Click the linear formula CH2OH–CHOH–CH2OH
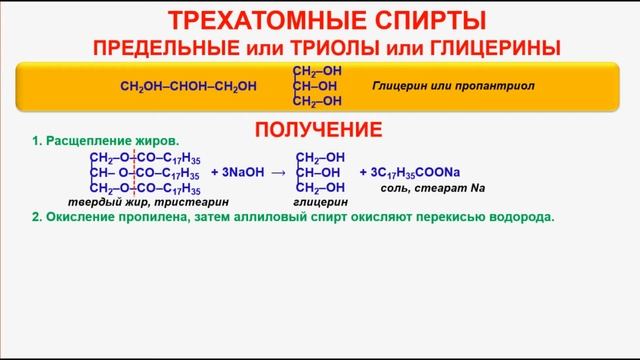tap(187, 86)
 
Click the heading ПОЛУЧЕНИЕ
tap(319, 129)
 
